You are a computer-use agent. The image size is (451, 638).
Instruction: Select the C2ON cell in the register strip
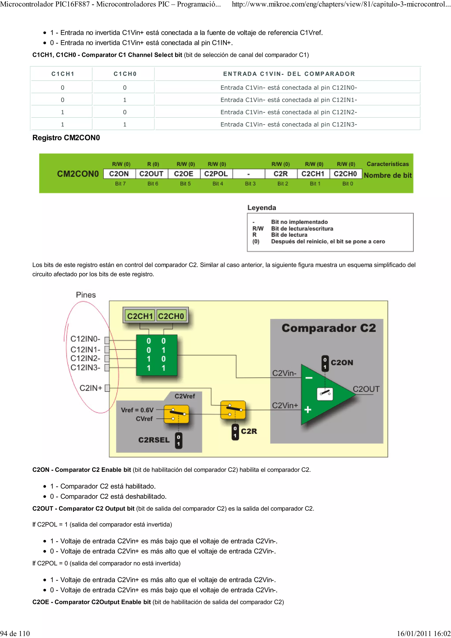tap(119, 174)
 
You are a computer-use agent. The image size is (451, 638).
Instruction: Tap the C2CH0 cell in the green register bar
tap(345, 174)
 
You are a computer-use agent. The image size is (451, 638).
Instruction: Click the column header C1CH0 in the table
tap(125, 74)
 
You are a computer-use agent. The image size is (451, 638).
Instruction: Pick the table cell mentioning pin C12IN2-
tap(288, 112)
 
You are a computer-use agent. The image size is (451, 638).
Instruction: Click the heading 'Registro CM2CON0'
tap(66, 138)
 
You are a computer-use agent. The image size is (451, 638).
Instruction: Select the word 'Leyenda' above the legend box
tap(261, 208)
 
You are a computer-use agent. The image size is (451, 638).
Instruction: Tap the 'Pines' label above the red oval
tap(86, 295)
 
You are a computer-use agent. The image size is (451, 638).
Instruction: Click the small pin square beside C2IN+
tap(107, 388)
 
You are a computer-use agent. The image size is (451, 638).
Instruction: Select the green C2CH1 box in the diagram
tap(140, 316)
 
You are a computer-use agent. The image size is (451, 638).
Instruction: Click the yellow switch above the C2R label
tap(233, 410)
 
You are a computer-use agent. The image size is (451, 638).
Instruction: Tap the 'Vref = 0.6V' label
tap(137, 410)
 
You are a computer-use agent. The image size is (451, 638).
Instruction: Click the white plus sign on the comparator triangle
tap(308, 409)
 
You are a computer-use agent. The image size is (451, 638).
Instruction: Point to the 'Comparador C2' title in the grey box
tap(329, 328)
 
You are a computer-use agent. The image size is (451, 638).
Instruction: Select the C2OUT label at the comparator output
tap(366, 389)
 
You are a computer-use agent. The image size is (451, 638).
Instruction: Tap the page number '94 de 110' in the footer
tap(15, 633)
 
